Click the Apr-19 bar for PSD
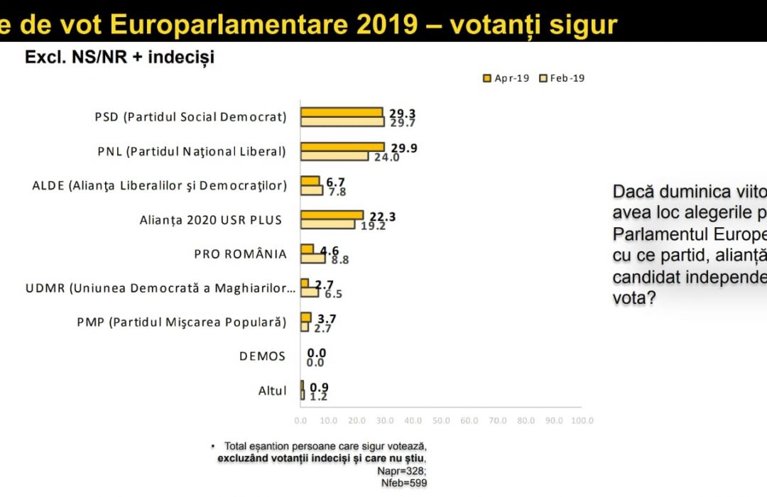point(342,112)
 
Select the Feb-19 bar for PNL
point(334,156)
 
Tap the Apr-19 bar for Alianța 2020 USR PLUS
point(332,215)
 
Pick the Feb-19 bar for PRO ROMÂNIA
point(313,258)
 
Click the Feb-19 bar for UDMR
point(310,292)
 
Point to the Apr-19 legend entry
point(506,78)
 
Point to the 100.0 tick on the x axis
point(582,420)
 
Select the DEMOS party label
point(263,356)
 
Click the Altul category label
point(272,390)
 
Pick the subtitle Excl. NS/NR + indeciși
point(119,58)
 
